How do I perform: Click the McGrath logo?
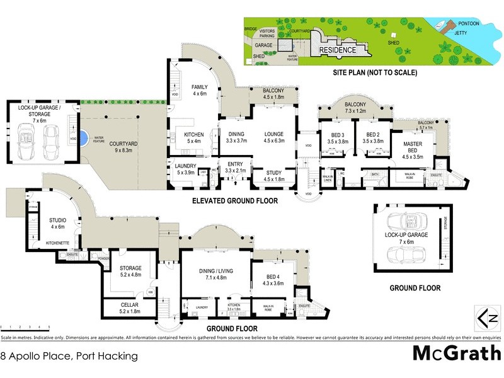(x=457, y=353)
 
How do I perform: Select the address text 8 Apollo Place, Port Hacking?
(x=69, y=356)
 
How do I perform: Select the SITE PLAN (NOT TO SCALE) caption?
(x=375, y=72)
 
